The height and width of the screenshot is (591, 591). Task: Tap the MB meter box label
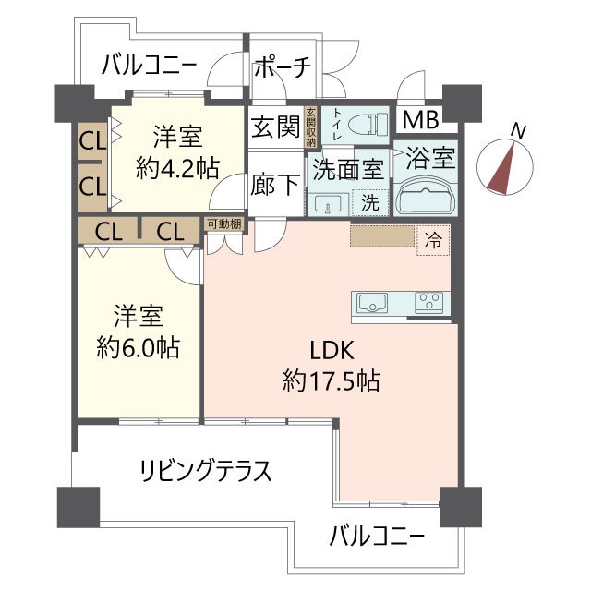pos(422,119)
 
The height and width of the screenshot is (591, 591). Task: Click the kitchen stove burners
pos(428,301)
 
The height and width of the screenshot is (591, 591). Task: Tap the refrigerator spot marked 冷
pos(432,240)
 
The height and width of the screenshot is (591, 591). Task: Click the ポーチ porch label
pos(283,67)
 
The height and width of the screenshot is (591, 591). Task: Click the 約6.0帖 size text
pos(139,348)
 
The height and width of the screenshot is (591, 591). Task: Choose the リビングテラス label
pos(204,471)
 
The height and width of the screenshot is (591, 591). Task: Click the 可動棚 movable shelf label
pos(223,224)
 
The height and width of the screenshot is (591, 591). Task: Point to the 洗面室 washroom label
pos(347,169)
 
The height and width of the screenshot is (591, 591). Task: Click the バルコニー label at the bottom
pos(377,535)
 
